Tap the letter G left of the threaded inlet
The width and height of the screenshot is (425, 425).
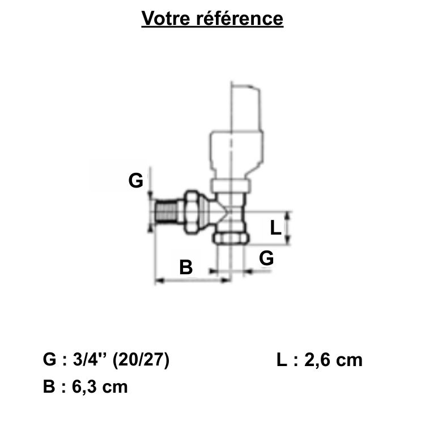pyautogui.click(x=135, y=181)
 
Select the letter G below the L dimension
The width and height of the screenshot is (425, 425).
pyautogui.click(x=266, y=258)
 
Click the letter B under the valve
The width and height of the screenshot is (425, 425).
pyautogui.click(x=186, y=266)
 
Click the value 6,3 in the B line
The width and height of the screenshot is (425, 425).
pyautogui.click(x=87, y=387)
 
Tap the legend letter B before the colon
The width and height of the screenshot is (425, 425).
pyautogui.click(x=49, y=387)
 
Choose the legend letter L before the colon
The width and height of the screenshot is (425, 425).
pyautogui.click(x=282, y=360)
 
